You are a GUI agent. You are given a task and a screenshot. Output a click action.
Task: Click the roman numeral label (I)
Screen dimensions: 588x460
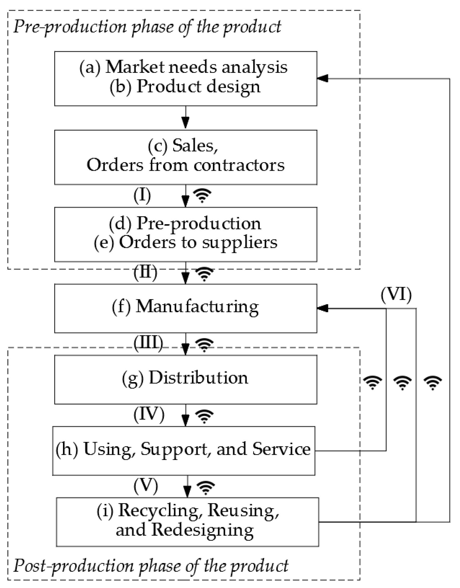coord(142,195)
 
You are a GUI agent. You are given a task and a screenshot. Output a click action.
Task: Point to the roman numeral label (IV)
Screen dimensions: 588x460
coord(149,414)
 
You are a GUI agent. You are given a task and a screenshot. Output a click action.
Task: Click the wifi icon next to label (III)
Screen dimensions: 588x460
coord(204,345)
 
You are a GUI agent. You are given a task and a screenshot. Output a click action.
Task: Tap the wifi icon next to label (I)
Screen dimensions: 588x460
coord(202,195)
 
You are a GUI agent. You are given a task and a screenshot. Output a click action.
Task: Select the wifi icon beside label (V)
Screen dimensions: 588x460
coord(206,488)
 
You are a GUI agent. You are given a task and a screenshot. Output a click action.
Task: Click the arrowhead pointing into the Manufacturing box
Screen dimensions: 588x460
coord(322,308)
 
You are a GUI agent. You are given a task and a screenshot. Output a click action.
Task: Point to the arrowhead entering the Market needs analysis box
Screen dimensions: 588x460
coord(322,78)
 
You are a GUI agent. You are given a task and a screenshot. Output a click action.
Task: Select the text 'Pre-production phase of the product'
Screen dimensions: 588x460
coord(147,27)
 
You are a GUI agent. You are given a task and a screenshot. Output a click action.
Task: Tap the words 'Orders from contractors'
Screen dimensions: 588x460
coord(185,165)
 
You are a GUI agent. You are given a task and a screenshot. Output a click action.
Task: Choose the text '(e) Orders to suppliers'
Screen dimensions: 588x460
coord(185,242)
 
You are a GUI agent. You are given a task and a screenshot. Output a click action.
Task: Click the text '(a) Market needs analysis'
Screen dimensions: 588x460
coord(183,67)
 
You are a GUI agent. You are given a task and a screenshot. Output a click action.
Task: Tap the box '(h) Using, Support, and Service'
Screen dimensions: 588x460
coord(183,450)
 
